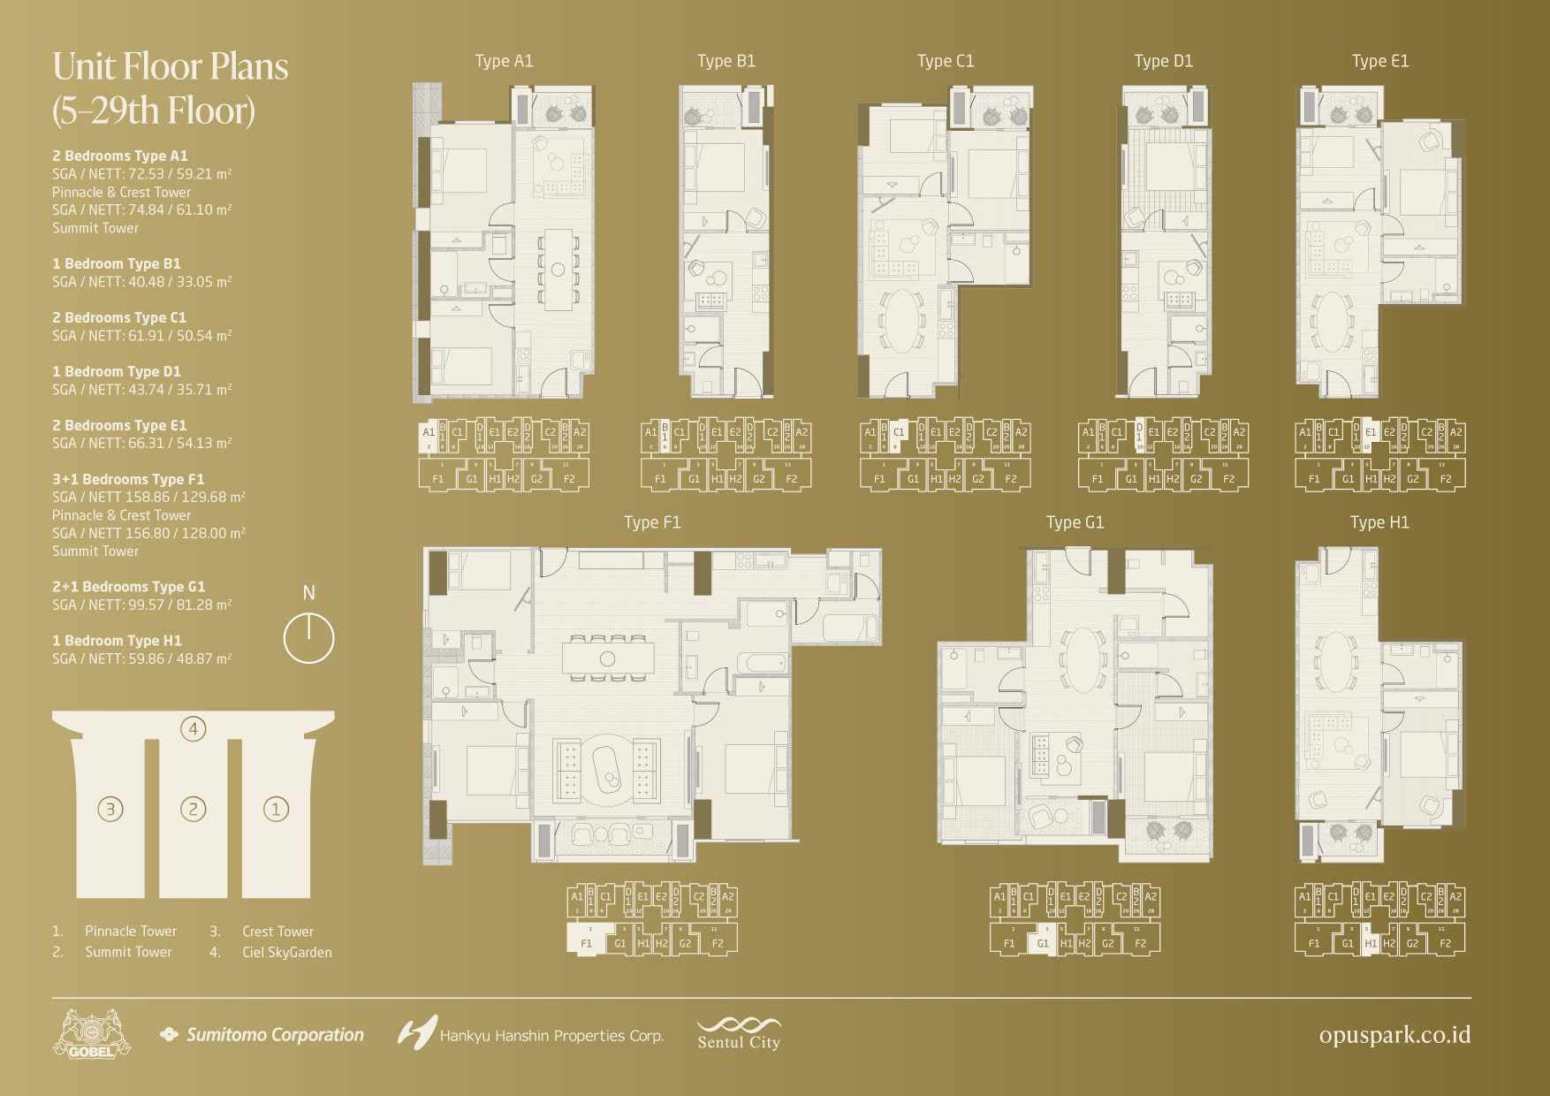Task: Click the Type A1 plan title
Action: [x=504, y=61]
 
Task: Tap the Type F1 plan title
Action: [x=652, y=522]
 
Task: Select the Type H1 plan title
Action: [x=1379, y=522]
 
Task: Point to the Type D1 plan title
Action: [x=1163, y=61]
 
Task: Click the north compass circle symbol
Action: [x=308, y=638]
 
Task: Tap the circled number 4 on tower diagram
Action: [x=193, y=729]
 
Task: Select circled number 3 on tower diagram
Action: [x=110, y=809]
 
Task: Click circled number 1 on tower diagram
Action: [x=276, y=809]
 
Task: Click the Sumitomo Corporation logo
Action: [x=262, y=1034]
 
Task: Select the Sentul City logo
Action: [x=739, y=1033]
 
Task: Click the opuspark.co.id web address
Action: [x=1394, y=1035]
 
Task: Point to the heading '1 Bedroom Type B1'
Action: [x=117, y=263]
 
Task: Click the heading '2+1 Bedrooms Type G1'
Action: [x=128, y=587]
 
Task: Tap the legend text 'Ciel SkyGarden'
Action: [x=286, y=953]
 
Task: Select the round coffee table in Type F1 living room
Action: [x=607, y=768]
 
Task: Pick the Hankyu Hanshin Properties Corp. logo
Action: [x=530, y=1033]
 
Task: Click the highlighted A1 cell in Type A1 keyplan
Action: [x=428, y=435]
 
